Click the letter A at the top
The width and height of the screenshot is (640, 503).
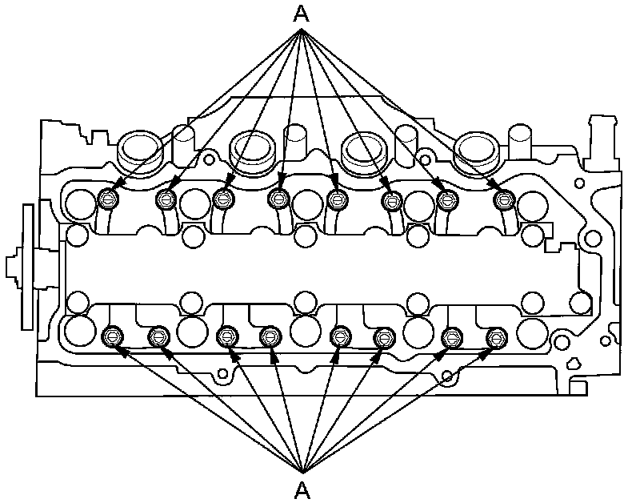coord(302,14)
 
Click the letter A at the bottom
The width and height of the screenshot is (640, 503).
coord(302,488)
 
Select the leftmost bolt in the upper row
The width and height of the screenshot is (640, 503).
coord(110,199)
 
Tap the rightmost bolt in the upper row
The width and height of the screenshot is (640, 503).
coord(502,199)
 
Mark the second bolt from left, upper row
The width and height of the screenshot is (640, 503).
coord(166,199)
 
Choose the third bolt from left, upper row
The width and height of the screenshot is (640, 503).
coord(222,199)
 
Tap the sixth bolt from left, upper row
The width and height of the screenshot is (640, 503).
coord(391,199)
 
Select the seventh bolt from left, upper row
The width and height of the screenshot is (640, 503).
coord(446,199)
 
